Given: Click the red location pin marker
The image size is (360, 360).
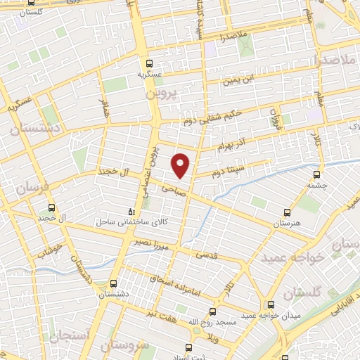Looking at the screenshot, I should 181,165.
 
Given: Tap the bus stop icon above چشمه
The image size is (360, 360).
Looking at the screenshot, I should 316,175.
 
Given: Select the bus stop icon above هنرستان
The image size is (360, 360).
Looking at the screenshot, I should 287,212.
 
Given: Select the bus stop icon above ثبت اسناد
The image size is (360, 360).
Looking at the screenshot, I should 188,347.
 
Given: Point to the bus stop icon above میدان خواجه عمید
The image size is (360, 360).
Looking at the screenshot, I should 271,304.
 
